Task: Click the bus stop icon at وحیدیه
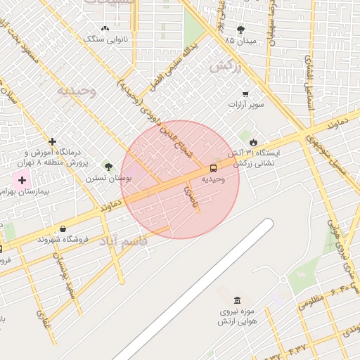(212, 168)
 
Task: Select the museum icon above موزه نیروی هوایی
(238, 300)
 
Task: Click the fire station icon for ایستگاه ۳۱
(262, 143)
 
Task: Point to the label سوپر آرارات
(244, 105)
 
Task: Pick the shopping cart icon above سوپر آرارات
(245, 94)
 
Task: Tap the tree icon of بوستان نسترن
(108, 167)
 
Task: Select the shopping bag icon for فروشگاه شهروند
(63, 229)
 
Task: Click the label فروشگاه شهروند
(85, 239)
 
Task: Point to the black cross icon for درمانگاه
(52, 141)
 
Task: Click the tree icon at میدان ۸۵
(240, 30)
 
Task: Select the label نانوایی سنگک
(105, 40)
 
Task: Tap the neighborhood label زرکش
(226, 67)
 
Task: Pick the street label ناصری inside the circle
(191, 195)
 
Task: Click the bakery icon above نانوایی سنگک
(105, 29)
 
